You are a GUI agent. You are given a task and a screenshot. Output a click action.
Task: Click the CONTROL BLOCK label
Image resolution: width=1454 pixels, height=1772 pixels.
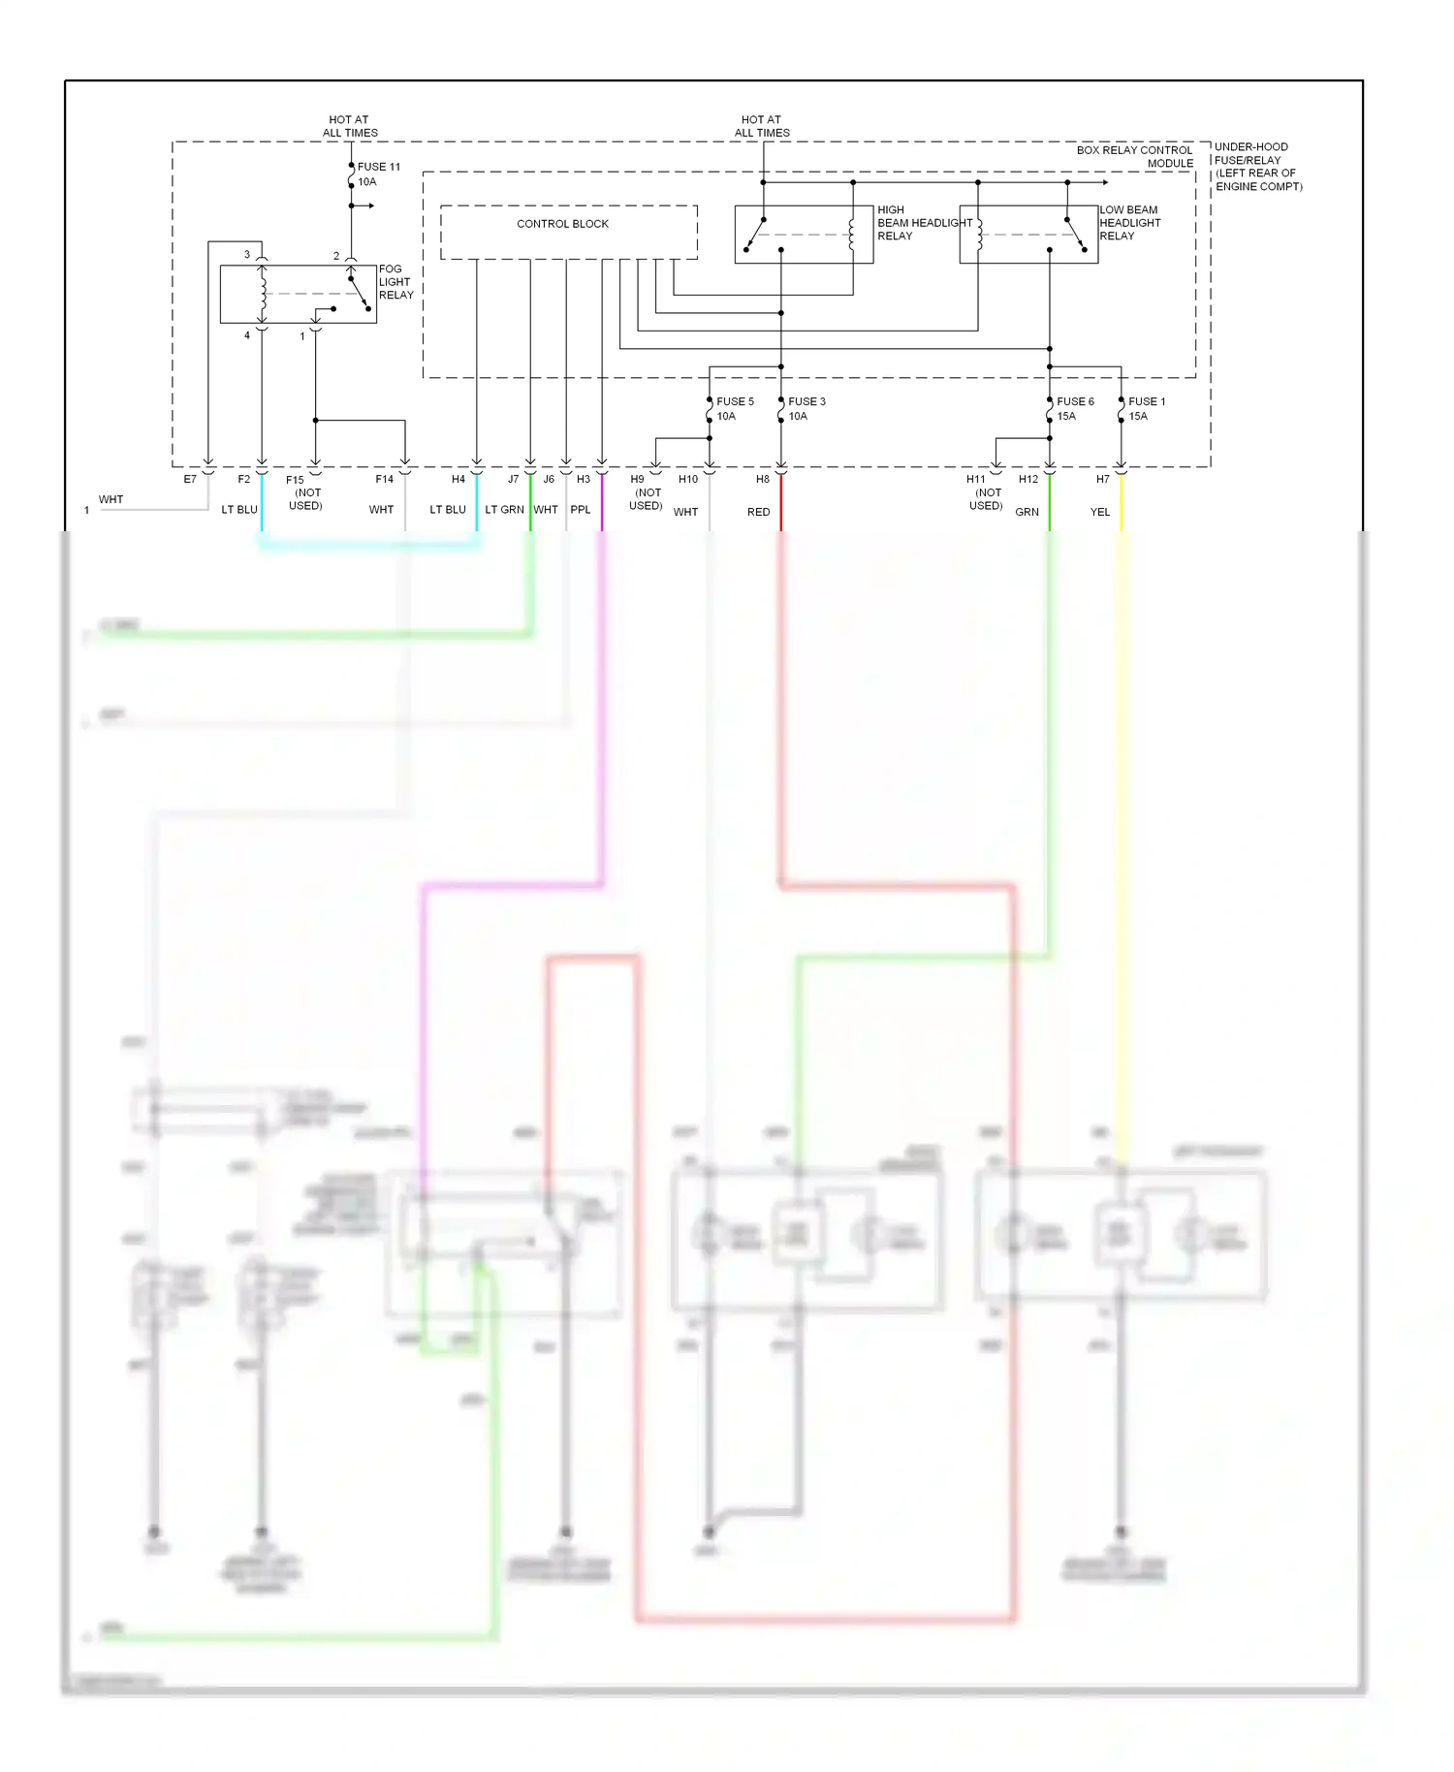562,224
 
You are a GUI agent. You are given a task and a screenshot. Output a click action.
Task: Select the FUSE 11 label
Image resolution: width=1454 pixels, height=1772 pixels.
378,167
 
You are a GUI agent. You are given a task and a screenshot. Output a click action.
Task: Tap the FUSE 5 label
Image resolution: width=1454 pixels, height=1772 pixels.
735,401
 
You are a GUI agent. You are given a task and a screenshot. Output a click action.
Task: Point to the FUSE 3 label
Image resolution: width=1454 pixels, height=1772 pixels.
806,401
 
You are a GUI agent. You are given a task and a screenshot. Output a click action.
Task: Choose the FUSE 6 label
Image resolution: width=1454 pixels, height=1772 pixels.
1075,401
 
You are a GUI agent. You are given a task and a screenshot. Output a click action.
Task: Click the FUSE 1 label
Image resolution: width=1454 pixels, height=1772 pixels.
1147,401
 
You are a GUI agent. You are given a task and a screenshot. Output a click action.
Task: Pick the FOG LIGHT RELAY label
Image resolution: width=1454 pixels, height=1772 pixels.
395,282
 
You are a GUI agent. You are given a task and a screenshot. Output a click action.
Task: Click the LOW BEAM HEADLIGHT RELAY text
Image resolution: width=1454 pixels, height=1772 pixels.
1129,223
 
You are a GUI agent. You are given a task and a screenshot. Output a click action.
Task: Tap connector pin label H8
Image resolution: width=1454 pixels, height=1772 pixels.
763,479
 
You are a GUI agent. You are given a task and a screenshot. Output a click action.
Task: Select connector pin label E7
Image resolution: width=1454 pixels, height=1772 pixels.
190,479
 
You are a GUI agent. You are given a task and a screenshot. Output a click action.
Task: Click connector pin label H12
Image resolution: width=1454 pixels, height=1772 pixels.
1028,479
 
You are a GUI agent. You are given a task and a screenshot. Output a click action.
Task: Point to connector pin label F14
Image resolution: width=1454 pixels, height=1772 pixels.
385,479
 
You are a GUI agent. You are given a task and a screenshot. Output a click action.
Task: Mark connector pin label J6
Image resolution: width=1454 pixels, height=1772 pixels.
549,479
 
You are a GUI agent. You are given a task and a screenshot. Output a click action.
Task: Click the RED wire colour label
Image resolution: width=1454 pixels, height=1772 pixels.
758,512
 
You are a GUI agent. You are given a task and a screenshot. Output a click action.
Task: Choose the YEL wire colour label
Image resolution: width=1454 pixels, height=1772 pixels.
1099,512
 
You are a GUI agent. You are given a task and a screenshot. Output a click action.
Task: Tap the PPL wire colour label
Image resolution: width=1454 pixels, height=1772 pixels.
581,510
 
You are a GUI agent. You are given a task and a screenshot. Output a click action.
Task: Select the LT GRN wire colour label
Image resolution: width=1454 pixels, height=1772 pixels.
504,510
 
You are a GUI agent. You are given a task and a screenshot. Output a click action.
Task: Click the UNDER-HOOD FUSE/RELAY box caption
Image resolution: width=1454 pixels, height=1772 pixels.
1258,167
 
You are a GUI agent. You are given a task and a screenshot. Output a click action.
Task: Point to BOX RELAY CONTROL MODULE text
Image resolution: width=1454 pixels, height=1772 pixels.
1135,157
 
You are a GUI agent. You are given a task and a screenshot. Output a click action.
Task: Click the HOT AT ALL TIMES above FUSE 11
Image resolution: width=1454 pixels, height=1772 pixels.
350,126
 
